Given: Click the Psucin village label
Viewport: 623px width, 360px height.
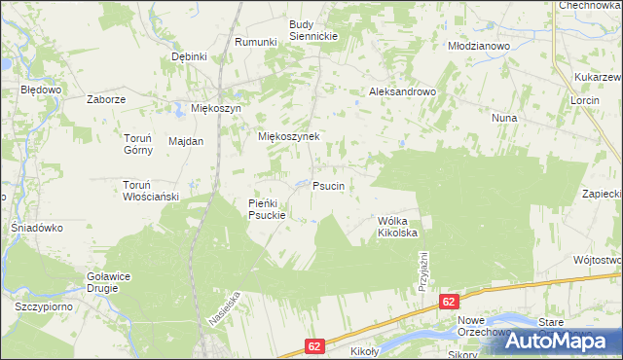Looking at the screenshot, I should click(329, 185).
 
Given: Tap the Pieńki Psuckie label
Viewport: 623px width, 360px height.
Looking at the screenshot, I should click(266, 208).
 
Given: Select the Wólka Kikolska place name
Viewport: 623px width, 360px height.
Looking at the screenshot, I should click(397, 227).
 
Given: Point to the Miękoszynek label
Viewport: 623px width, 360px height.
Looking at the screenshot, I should click(288, 137).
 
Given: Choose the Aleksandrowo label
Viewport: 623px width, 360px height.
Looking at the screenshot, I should click(402, 91).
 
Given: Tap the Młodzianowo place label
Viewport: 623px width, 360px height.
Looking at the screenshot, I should click(478, 45).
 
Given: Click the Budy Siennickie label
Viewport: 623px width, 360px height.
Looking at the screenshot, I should click(313, 29).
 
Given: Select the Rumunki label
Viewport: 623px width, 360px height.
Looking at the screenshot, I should click(257, 42).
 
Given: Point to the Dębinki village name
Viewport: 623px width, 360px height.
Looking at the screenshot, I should click(190, 56).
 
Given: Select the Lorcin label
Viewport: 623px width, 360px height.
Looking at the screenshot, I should click(586, 100).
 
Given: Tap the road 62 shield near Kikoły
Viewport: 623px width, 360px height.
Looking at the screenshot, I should click(313, 344).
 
